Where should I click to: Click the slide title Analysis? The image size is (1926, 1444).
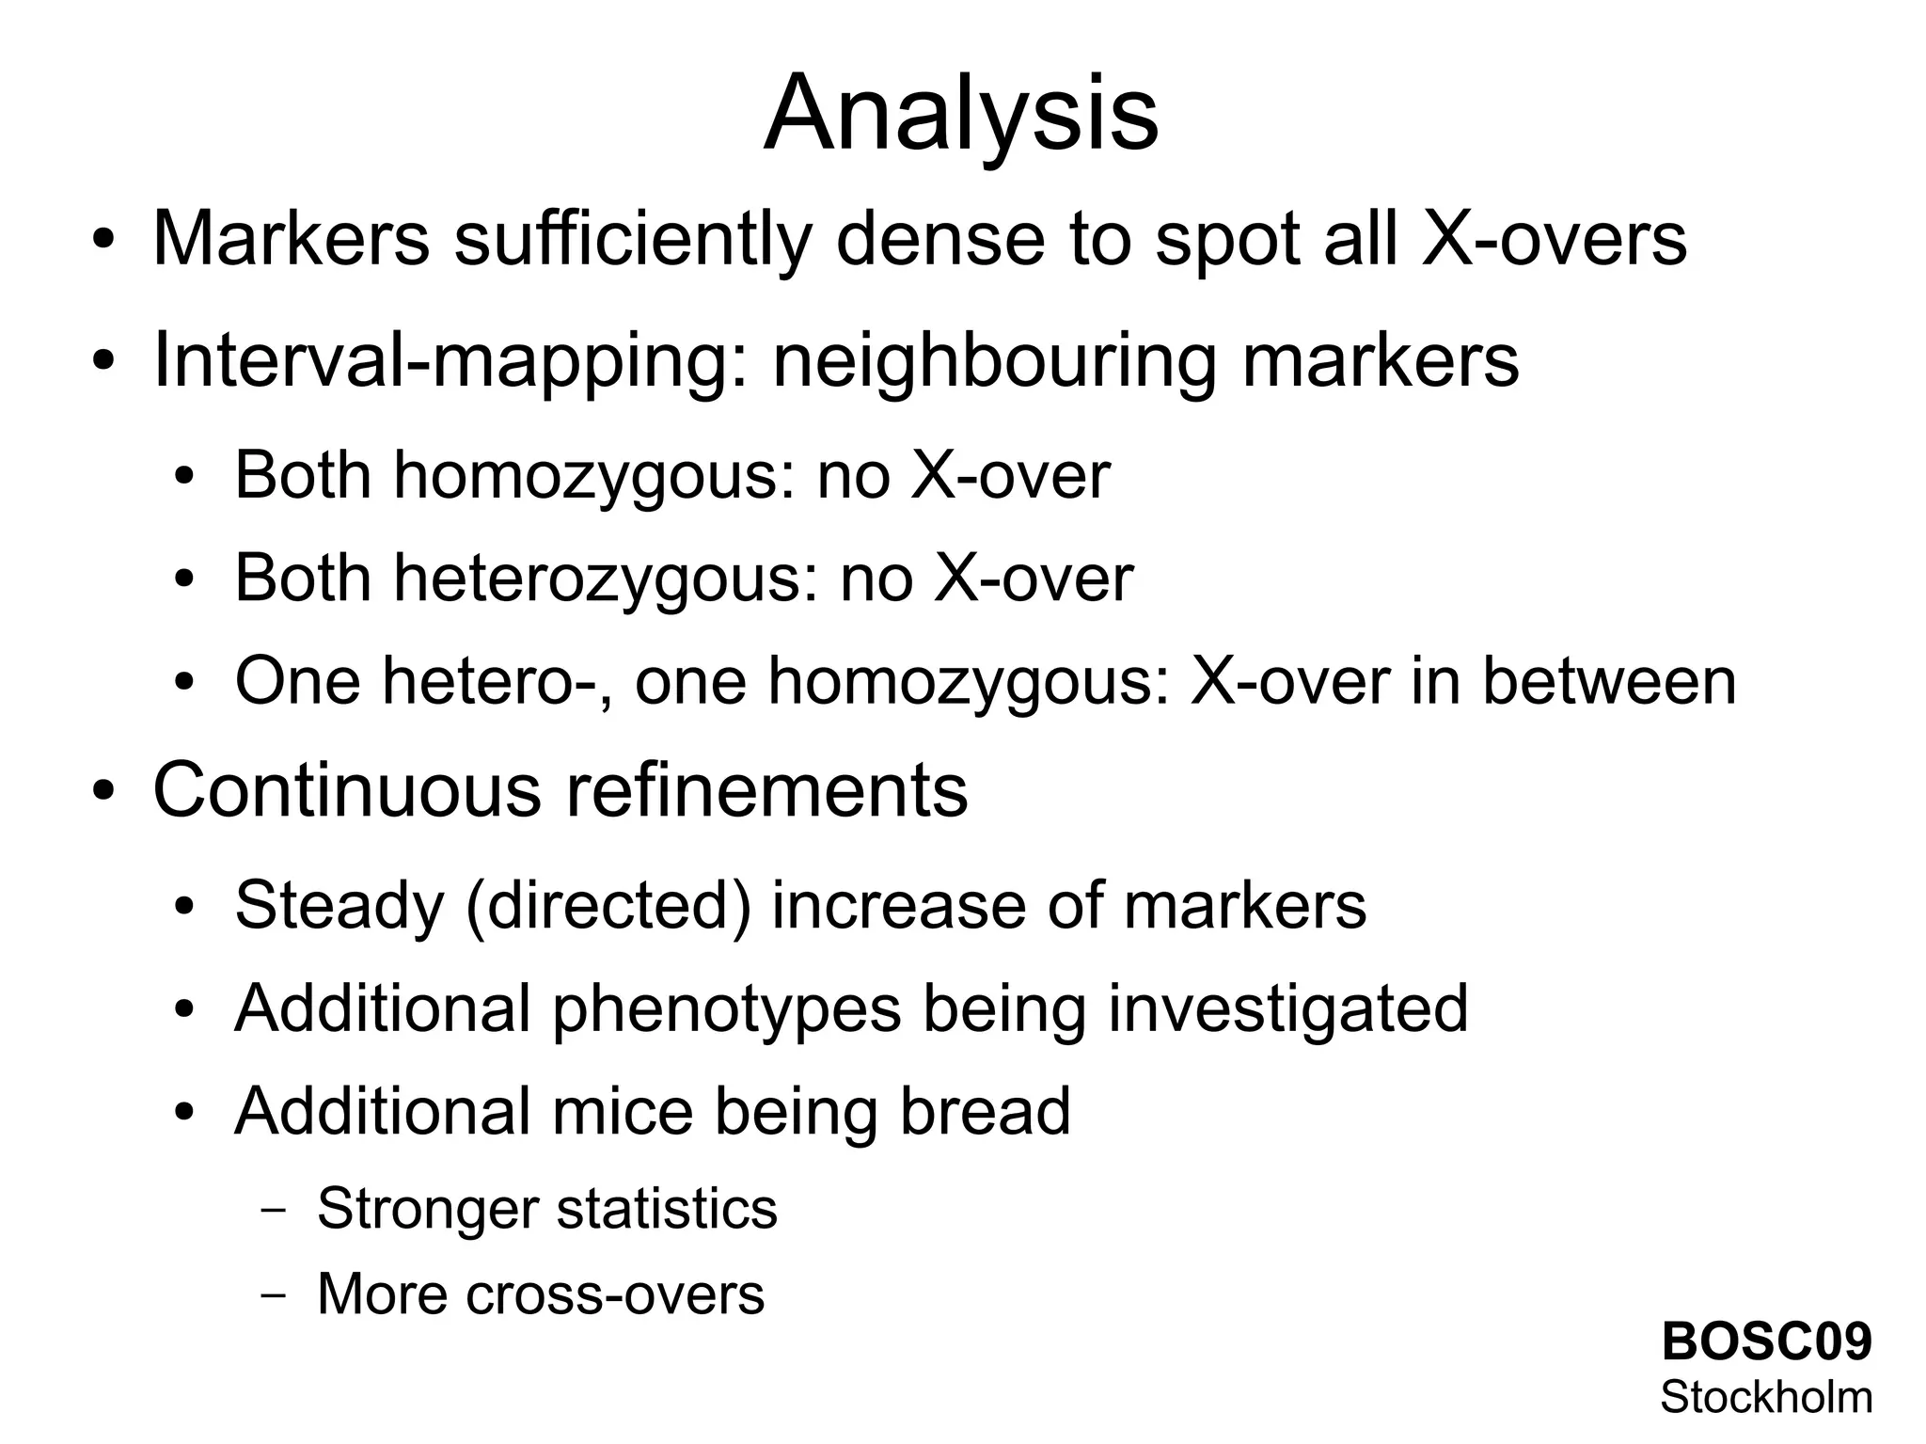coord(961,115)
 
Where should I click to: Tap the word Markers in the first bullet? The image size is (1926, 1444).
coord(291,239)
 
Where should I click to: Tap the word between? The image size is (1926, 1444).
coord(1609,681)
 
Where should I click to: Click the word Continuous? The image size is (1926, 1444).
coord(347,791)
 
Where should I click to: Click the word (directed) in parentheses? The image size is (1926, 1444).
coord(608,905)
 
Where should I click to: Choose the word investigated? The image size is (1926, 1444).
coord(1287,1008)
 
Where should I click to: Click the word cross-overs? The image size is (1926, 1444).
coord(615,1293)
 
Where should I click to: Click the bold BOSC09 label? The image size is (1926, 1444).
coord(1766,1341)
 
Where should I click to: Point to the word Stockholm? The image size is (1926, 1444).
coord(1766,1398)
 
